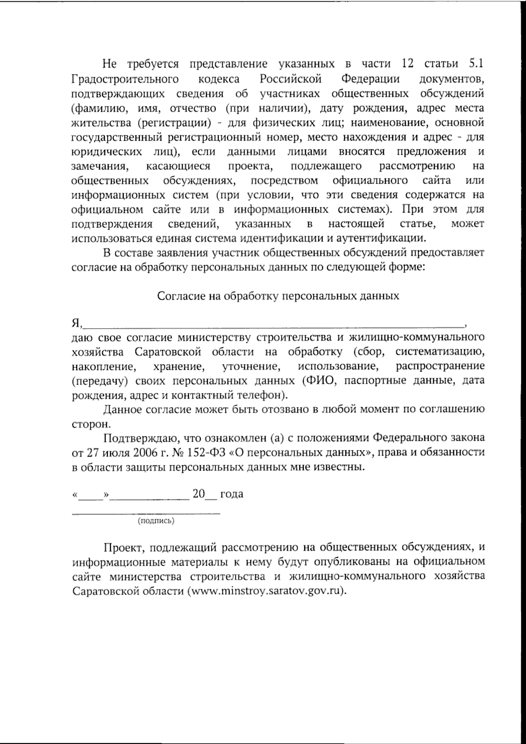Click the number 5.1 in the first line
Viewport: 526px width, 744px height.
pyautogui.click(x=476, y=64)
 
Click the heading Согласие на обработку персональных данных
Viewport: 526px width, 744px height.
pyautogui.click(x=278, y=296)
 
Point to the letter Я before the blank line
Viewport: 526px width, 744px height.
pyautogui.click(x=75, y=323)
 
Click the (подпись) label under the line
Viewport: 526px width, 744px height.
pyautogui.click(x=156, y=521)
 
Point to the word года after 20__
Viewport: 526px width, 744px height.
pyautogui.click(x=231, y=495)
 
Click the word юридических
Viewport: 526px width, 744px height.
pyautogui.click(x=106, y=152)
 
